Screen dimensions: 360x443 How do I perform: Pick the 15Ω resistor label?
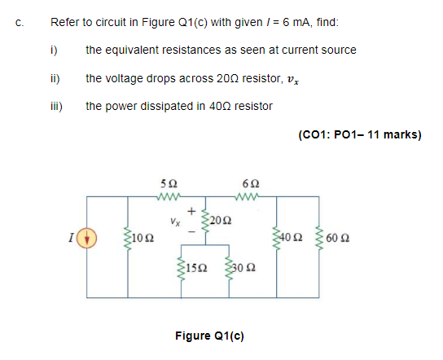coord(195,268)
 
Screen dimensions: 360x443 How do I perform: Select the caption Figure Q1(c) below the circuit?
coord(210,335)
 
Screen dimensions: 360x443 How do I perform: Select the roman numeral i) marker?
coord(54,50)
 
